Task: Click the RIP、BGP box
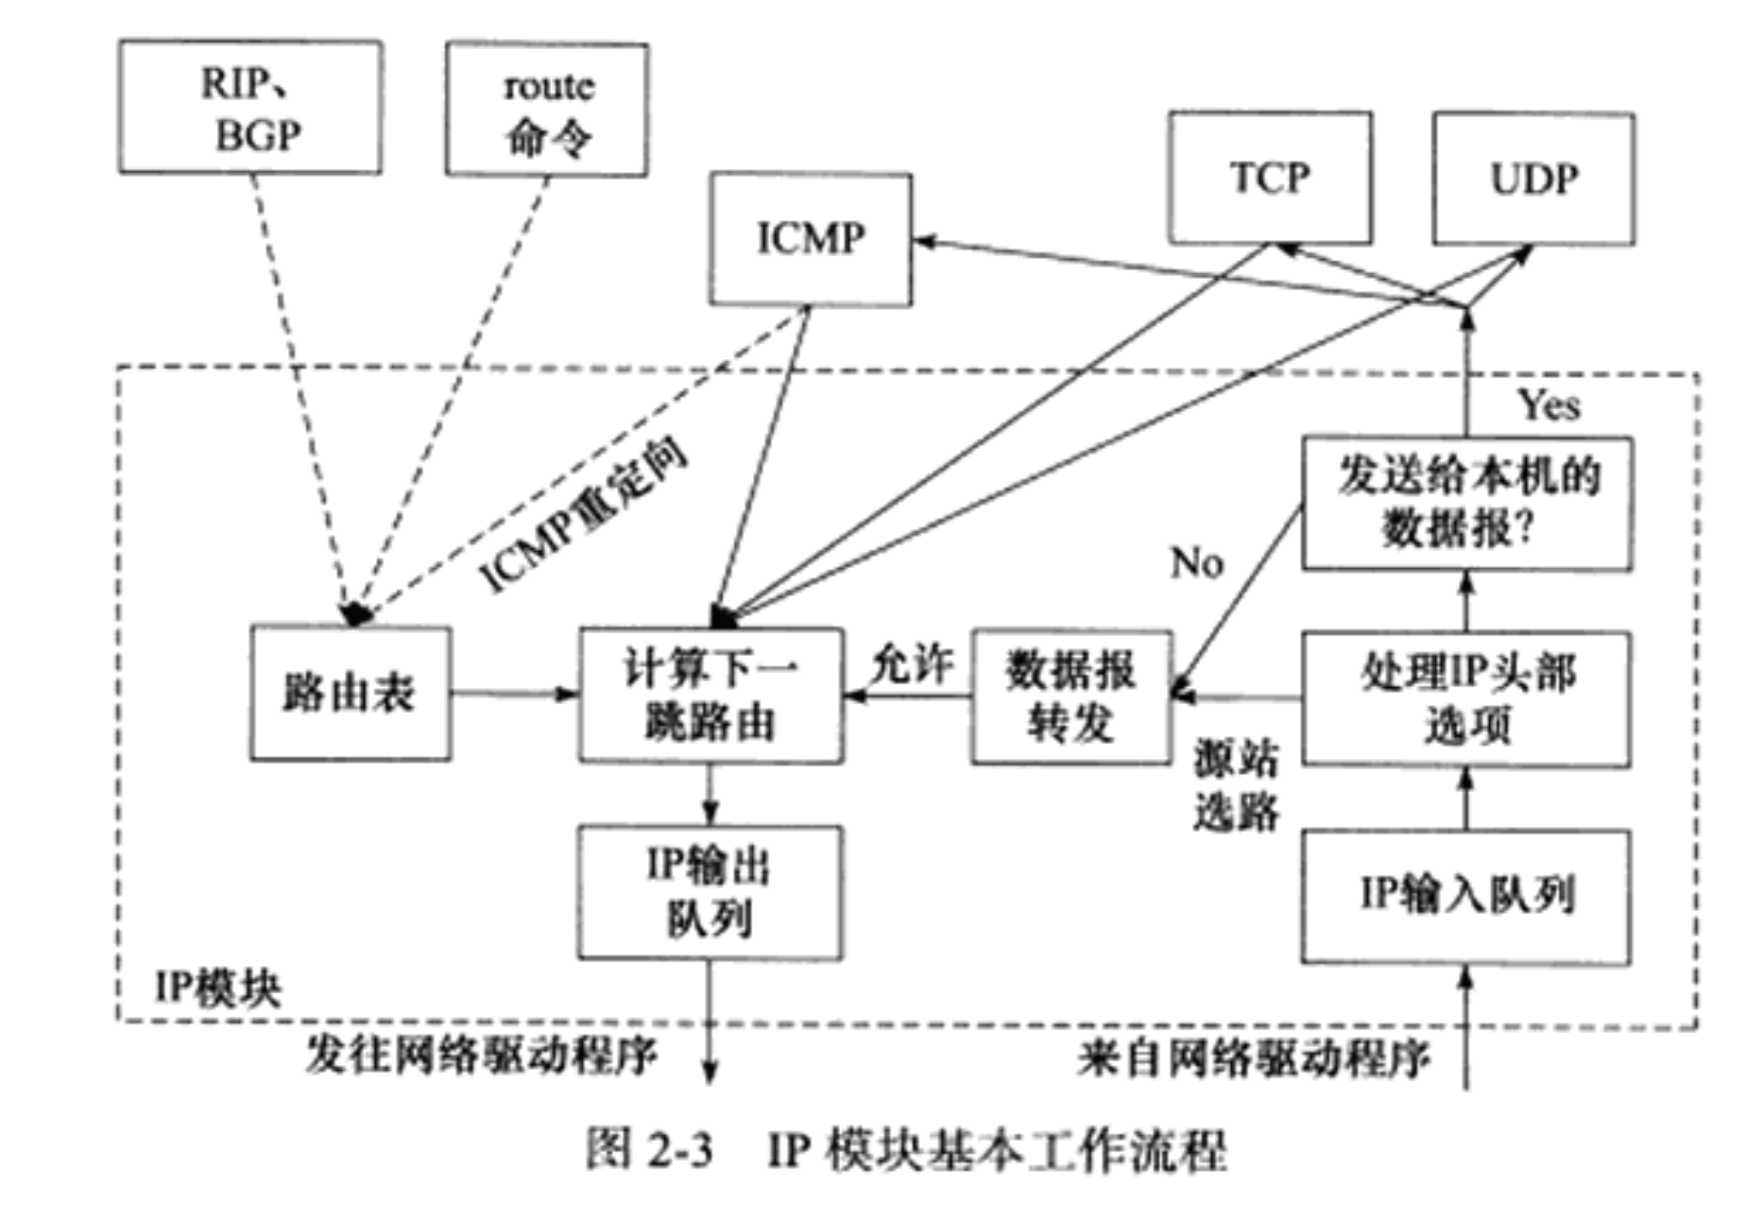(250, 107)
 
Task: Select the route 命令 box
(547, 110)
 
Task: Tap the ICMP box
(811, 239)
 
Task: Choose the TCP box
(1270, 179)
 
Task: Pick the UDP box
(1533, 179)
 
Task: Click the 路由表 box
(351, 693)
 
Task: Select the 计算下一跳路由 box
(710, 695)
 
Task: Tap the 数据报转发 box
(1071, 697)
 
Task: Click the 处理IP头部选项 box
(1466, 698)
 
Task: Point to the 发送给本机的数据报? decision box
(1466, 503)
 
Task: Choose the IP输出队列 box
(710, 892)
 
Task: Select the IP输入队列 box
(1466, 895)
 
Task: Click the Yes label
(1549, 405)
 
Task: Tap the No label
(1197, 563)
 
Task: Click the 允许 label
(911, 664)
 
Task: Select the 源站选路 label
(1236, 784)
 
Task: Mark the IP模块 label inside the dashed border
(218, 989)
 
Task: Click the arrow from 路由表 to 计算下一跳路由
(515, 694)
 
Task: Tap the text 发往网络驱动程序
(481, 1055)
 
